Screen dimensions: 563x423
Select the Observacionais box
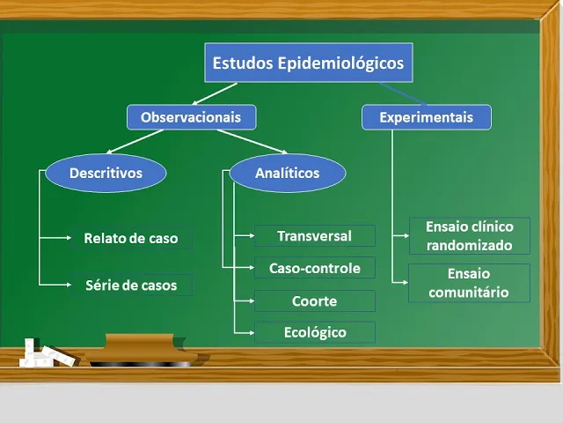[x=191, y=116]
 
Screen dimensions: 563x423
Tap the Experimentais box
[x=426, y=117]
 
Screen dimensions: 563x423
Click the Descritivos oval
[x=106, y=174]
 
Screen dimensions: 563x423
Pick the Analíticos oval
[x=287, y=174]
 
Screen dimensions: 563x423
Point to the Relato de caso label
[x=130, y=238]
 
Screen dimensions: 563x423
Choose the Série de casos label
[x=130, y=285]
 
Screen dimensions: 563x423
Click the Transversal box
[x=314, y=235]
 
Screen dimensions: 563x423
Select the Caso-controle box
[x=314, y=268]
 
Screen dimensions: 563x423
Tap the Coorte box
[x=314, y=301]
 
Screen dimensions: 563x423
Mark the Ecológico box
[x=314, y=332]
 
